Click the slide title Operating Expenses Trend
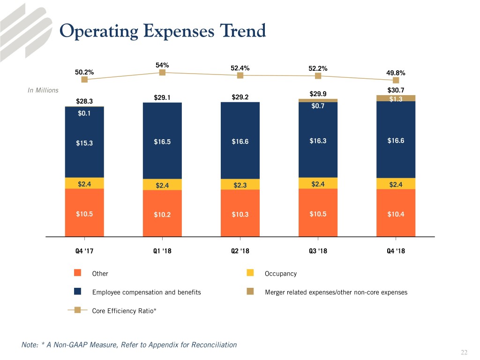[163, 31]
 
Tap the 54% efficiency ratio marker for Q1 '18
[162, 72]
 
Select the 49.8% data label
[396, 73]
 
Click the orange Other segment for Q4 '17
[84, 213]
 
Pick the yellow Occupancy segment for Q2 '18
[240, 184]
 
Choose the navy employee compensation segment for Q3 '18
[318, 141]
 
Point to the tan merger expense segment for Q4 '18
[396, 98]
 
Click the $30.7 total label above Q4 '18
[396, 90]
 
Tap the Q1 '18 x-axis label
[162, 251]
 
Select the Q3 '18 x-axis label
[318, 251]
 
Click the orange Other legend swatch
[78, 273]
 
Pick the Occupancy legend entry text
[280, 273]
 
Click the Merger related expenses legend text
[336, 292]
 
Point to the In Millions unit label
[43, 90]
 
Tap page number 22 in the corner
[464, 352]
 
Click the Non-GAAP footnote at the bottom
[129, 345]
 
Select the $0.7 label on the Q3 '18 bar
[318, 106]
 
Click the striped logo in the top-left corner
[26, 26]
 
